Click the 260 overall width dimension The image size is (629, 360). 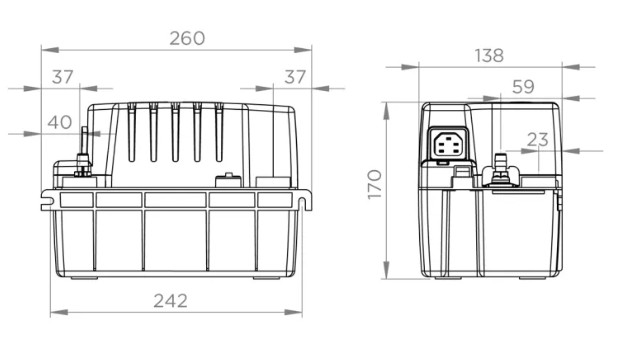point(187,39)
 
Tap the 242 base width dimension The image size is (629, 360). point(170,301)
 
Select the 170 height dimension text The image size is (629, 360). point(374,184)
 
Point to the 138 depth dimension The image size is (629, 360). point(489,56)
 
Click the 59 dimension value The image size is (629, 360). point(523,87)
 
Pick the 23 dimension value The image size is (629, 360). point(538,140)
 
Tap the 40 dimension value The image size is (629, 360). point(60,122)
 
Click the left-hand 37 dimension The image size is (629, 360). point(63,77)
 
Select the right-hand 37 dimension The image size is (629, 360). point(295,77)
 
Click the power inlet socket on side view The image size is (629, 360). point(448,144)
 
